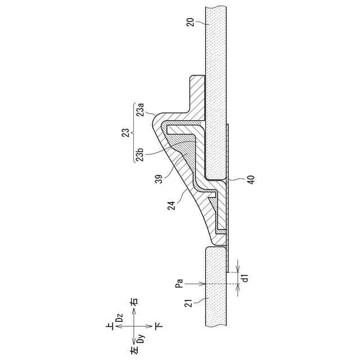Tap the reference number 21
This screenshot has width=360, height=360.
(188, 303)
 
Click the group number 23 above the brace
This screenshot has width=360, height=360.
(126, 133)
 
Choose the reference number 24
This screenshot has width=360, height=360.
(171, 205)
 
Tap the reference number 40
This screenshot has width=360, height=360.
(251, 179)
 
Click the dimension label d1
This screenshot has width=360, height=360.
(246, 278)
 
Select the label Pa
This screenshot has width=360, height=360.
(179, 283)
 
